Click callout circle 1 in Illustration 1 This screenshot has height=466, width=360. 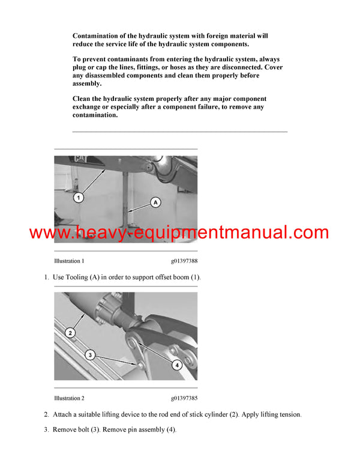(x=79, y=197)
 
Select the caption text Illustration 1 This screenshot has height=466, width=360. (x=69, y=261)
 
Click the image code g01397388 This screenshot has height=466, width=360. (x=184, y=261)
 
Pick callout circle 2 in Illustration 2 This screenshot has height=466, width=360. (x=70, y=333)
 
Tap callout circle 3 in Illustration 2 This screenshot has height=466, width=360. (x=90, y=355)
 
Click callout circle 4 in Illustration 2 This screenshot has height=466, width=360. (x=177, y=364)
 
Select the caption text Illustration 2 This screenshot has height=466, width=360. (x=69, y=398)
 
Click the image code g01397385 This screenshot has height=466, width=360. (x=184, y=398)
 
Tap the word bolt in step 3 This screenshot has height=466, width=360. (x=86, y=430)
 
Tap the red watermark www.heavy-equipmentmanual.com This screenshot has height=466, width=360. (x=179, y=233)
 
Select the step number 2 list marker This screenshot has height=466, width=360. (x=47, y=414)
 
